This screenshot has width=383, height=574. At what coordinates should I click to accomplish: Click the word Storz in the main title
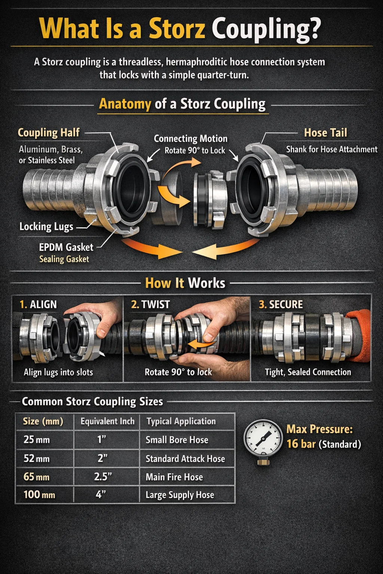tap(177, 29)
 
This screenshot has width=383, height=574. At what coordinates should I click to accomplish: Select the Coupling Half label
tap(49, 133)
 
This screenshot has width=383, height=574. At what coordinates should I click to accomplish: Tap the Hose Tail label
tap(325, 133)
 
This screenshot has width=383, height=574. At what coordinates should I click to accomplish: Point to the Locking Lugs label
tap(46, 226)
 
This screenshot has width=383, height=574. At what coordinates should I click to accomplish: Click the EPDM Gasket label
tap(66, 247)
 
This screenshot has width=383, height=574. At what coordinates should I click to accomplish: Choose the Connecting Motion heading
tap(191, 139)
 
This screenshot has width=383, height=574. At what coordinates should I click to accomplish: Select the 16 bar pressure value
tap(301, 444)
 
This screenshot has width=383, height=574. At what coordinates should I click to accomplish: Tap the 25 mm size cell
tap(36, 440)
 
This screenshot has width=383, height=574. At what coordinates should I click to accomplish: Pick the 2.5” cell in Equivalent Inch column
tap(103, 476)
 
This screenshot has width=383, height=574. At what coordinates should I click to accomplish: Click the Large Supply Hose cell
tap(180, 495)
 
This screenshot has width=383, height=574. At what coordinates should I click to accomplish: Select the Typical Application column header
tap(181, 421)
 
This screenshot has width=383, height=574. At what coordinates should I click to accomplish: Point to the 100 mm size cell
tap(39, 494)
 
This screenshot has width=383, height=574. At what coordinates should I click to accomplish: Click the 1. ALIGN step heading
tap(38, 305)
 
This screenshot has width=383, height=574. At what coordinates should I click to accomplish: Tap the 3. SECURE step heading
tap(281, 305)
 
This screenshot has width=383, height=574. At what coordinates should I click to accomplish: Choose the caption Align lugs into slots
tap(58, 372)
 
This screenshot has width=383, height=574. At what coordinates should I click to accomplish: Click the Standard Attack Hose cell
tap(185, 459)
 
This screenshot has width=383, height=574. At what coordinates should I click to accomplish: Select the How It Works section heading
tap(185, 283)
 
